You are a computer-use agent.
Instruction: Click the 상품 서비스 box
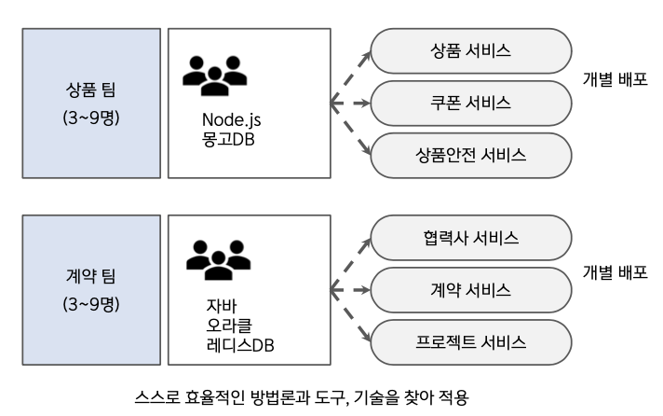(x=471, y=49)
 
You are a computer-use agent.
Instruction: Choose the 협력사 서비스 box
(x=471, y=236)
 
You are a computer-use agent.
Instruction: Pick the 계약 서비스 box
(x=471, y=288)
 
